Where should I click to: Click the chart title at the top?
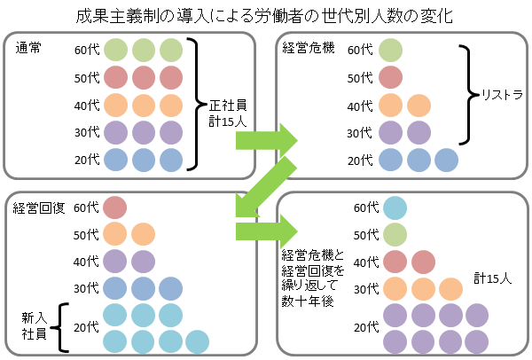coord(265,15)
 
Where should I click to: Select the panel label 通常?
coord(28,48)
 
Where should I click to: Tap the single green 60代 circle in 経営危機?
coord(391,50)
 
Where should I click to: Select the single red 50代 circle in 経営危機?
coord(391,77)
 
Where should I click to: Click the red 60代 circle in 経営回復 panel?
coord(115,207)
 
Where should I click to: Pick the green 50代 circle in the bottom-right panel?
coord(394,235)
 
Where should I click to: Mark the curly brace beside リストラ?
coord(467,92)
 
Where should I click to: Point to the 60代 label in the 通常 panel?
coord(86,50)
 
